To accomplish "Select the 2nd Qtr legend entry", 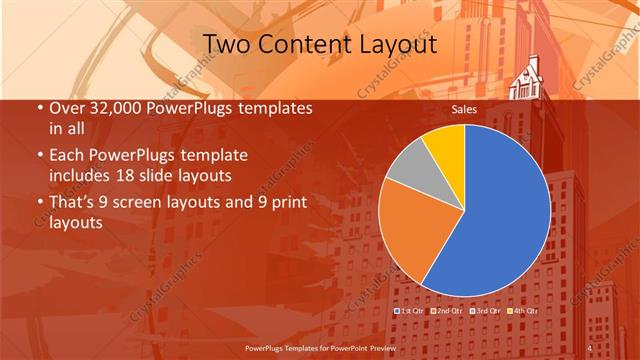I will coord(446,311).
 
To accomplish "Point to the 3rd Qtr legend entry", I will coord(484,311).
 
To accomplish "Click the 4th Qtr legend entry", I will coord(522,311).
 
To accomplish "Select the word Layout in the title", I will coord(401,45).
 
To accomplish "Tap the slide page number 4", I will coord(590,348).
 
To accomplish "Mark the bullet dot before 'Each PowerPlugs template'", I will coord(39,157).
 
